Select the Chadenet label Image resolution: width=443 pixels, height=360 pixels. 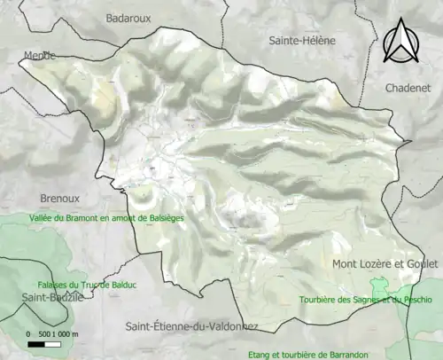click(407, 87)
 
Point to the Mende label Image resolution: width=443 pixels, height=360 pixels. click(38, 55)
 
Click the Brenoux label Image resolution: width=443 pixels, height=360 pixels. click(60, 199)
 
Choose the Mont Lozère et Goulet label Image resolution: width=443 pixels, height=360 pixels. click(385, 264)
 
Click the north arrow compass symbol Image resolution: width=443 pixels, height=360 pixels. click(402, 42)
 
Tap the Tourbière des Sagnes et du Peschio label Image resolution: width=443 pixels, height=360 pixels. click(365, 299)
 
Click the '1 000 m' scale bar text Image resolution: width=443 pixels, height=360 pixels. click(66, 333)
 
